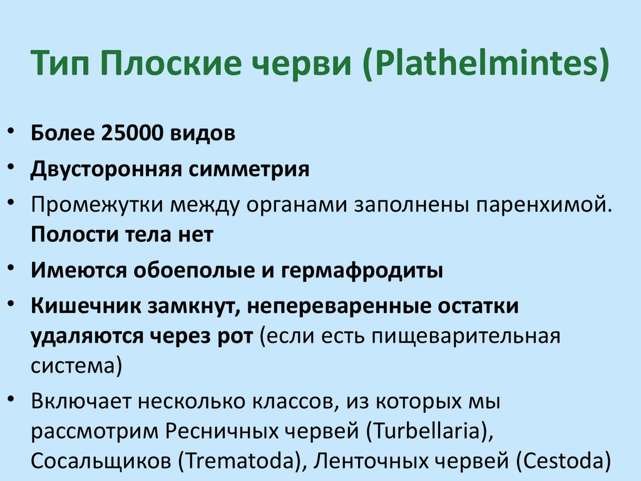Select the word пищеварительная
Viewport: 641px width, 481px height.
[465, 336]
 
